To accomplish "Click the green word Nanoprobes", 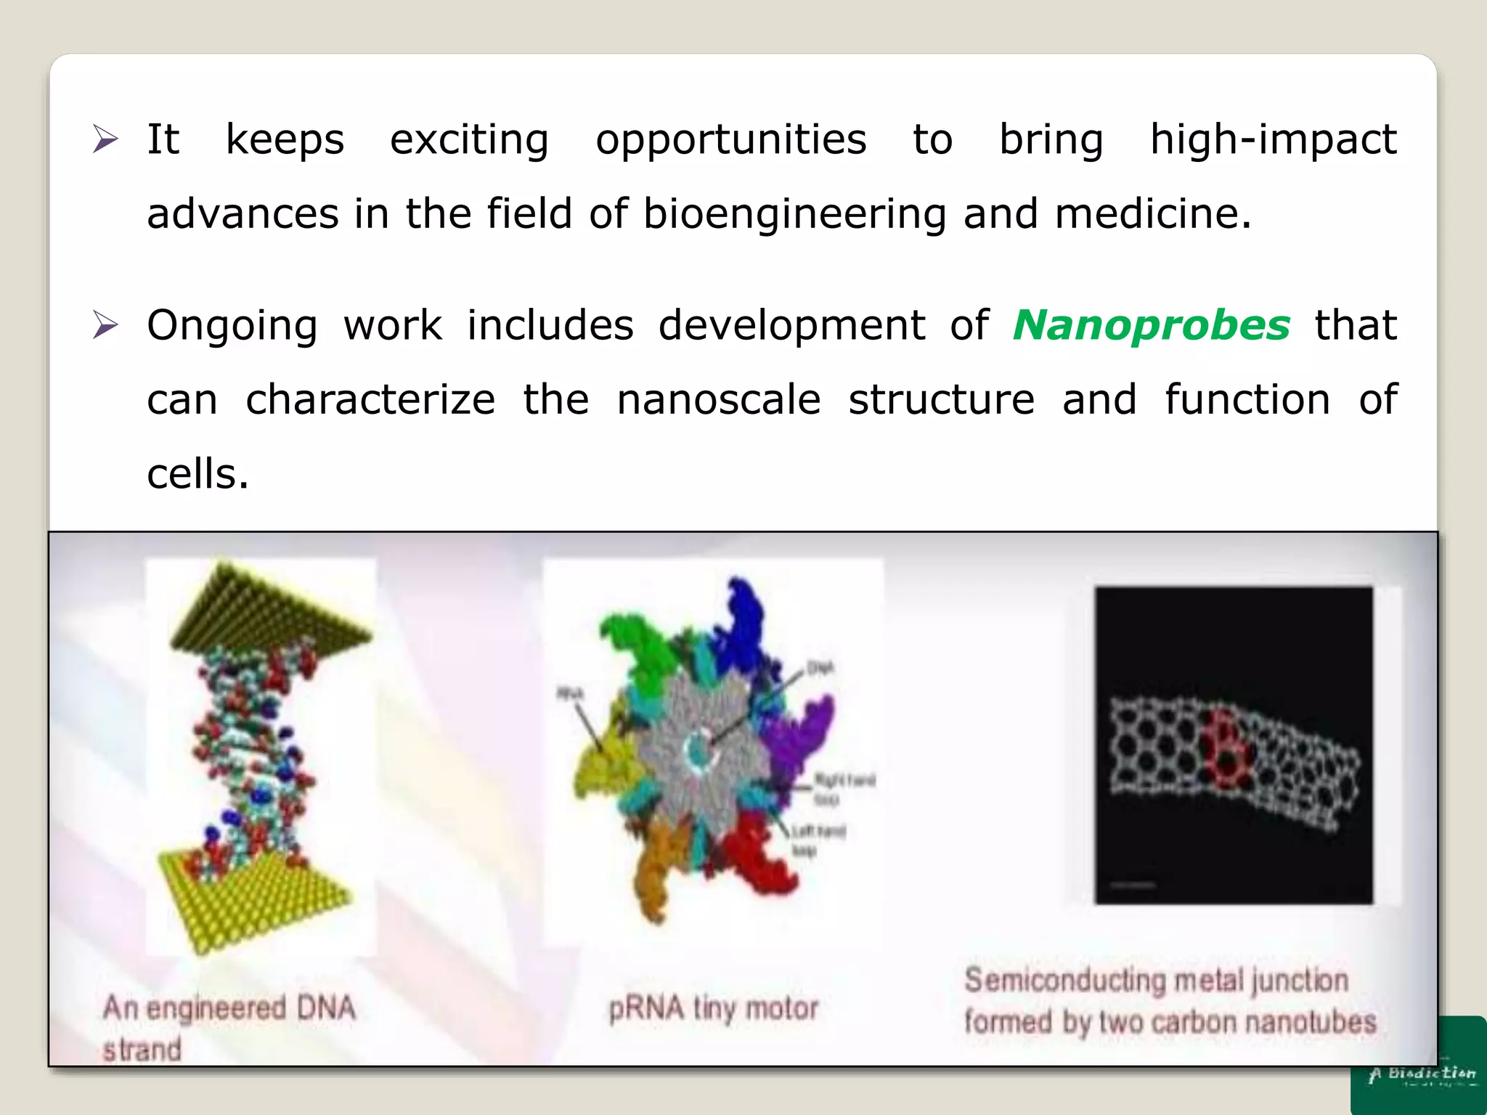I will tap(1151, 324).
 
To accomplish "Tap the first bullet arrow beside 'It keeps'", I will tap(105, 139).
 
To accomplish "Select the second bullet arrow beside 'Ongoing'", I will tap(105, 324).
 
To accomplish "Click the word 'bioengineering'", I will tap(794, 214).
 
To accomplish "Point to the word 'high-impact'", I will tap(1273, 139).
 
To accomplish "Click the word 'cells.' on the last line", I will tap(197, 474).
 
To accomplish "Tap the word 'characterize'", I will tap(370, 399).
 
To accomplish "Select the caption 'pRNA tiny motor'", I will tap(713, 1008).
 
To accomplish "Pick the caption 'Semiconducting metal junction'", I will tap(1156, 980).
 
